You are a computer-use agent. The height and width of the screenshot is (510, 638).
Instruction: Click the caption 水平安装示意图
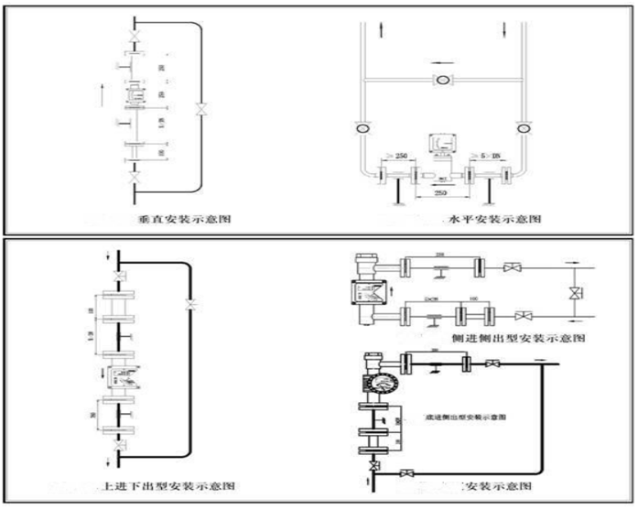(x=495, y=220)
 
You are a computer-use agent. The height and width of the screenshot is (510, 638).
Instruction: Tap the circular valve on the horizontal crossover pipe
(x=442, y=80)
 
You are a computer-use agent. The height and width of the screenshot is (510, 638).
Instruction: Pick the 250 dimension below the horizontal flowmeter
(x=441, y=194)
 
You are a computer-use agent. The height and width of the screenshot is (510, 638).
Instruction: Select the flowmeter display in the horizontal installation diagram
(x=441, y=144)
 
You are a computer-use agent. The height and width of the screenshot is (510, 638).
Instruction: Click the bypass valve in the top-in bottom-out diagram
(x=189, y=303)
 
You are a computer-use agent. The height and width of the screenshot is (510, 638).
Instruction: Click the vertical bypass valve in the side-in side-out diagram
(x=575, y=294)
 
